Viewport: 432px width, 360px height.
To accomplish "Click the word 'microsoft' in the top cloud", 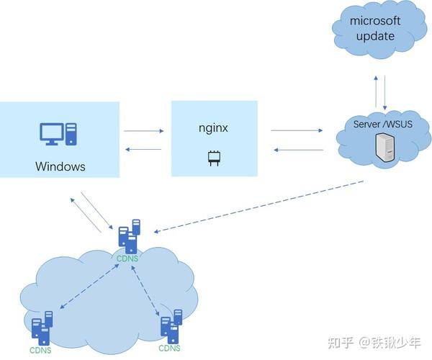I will (x=374, y=21).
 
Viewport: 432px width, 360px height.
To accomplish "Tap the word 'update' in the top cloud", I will (x=374, y=36).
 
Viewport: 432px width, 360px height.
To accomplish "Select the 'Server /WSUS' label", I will (x=379, y=124).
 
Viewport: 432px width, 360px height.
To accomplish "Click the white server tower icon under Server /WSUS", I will (x=382, y=147).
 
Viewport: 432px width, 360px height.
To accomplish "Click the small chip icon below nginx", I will (x=213, y=158).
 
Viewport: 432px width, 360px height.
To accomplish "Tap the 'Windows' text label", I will (x=60, y=166).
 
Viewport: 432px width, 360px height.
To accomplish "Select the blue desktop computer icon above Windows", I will (x=58, y=134).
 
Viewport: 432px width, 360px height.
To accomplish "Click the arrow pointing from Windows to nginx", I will (x=144, y=131).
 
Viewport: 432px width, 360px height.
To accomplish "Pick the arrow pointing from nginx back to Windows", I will (x=144, y=150).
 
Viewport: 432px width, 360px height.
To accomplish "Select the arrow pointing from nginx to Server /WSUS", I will (x=297, y=131).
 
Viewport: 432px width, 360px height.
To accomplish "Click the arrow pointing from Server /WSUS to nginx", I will (x=297, y=150).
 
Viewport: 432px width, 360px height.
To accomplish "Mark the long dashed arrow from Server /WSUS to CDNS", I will (x=259, y=206).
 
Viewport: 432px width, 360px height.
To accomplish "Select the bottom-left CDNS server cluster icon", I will (x=42, y=327).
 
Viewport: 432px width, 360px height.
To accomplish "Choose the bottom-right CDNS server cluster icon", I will (x=171, y=326).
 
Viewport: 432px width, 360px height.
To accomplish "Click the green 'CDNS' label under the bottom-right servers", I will (x=170, y=348).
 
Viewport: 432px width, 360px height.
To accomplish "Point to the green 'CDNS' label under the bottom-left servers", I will (x=40, y=350).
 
